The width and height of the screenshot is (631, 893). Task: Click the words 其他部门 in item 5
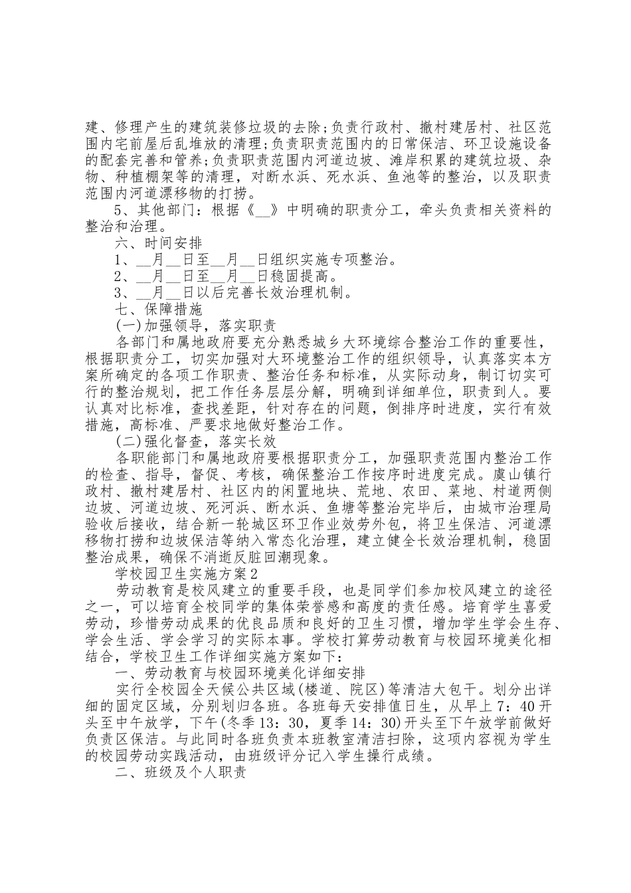pyautogui.click(x=169, y=210)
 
